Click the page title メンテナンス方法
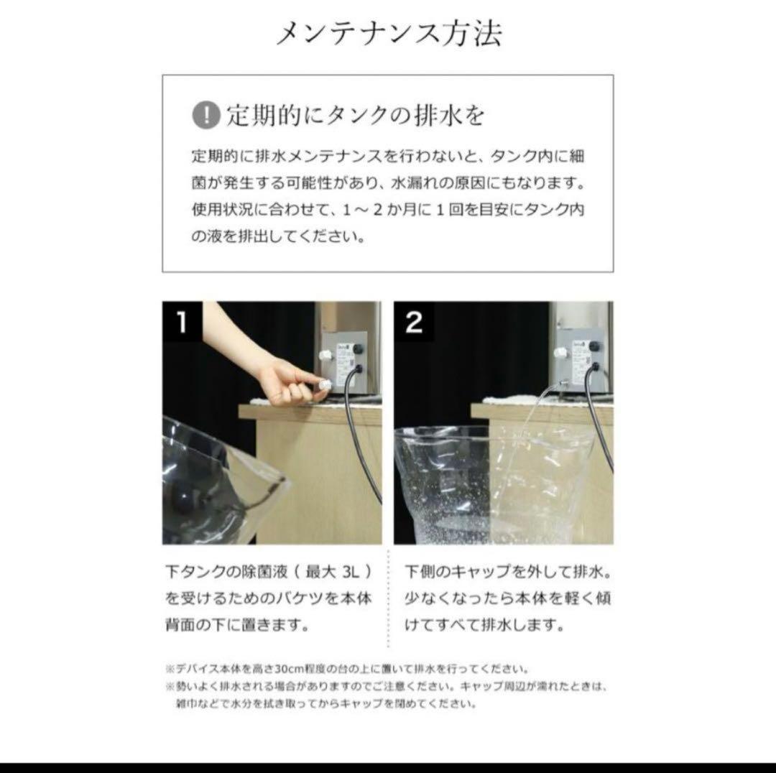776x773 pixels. pos(388,33)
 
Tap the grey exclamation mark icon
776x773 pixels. pos(205,115)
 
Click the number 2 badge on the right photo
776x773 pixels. pos(414,323)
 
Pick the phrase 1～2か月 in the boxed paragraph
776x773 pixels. pos(373,211)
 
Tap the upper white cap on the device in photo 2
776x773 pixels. pos(560,351)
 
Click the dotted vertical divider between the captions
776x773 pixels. pos(389,596)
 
